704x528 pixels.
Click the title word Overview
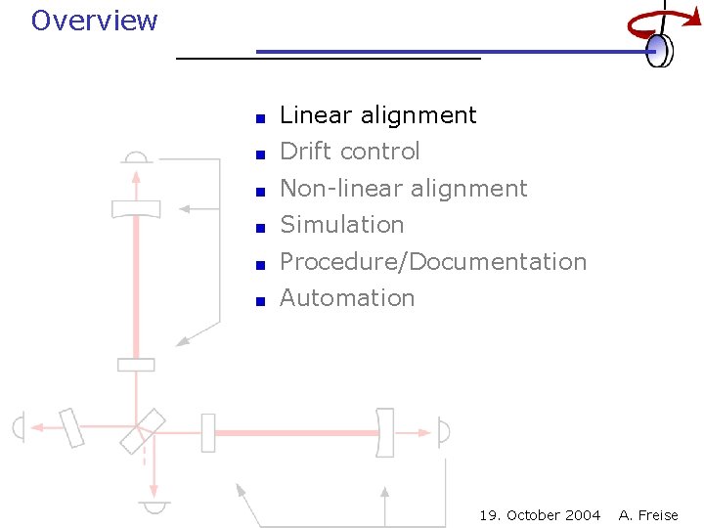(x=94, y=21)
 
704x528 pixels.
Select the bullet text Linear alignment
(x=377, y=115)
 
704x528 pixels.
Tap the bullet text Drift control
(x=349, y=152)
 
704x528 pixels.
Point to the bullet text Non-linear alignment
(x=403, y=188)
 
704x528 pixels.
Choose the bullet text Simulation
(x=341, y=225)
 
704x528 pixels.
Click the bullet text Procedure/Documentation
(x=432, y=262)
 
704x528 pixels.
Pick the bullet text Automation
(x=347, y=298)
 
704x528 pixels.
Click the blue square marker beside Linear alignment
(x=260, y=118)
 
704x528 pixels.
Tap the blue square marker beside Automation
(x=260, y=301)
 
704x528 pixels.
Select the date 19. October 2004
(x=540, y=515)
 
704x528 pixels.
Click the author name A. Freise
(x=648, y=515)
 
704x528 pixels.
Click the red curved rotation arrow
(x=651, y=23)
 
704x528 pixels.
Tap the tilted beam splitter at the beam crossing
(x=143, y=431)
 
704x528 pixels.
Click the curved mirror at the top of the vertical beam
(x=136, y=209)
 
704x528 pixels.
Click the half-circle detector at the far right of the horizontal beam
(x=444, y=431)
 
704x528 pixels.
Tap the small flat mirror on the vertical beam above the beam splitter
(x=136, y=365)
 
